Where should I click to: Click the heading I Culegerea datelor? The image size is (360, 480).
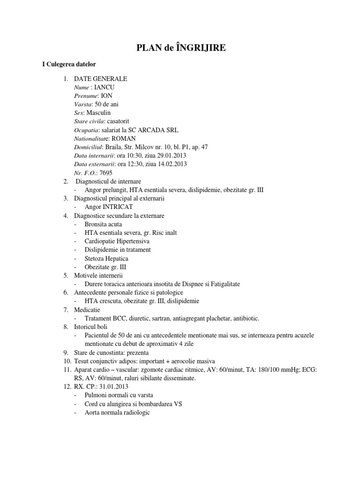69,64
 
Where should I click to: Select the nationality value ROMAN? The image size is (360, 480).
123,138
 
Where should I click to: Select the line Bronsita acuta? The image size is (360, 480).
103,224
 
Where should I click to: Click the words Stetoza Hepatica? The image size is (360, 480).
106,258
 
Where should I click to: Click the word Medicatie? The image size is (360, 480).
87,310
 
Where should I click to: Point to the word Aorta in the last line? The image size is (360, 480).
93,412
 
